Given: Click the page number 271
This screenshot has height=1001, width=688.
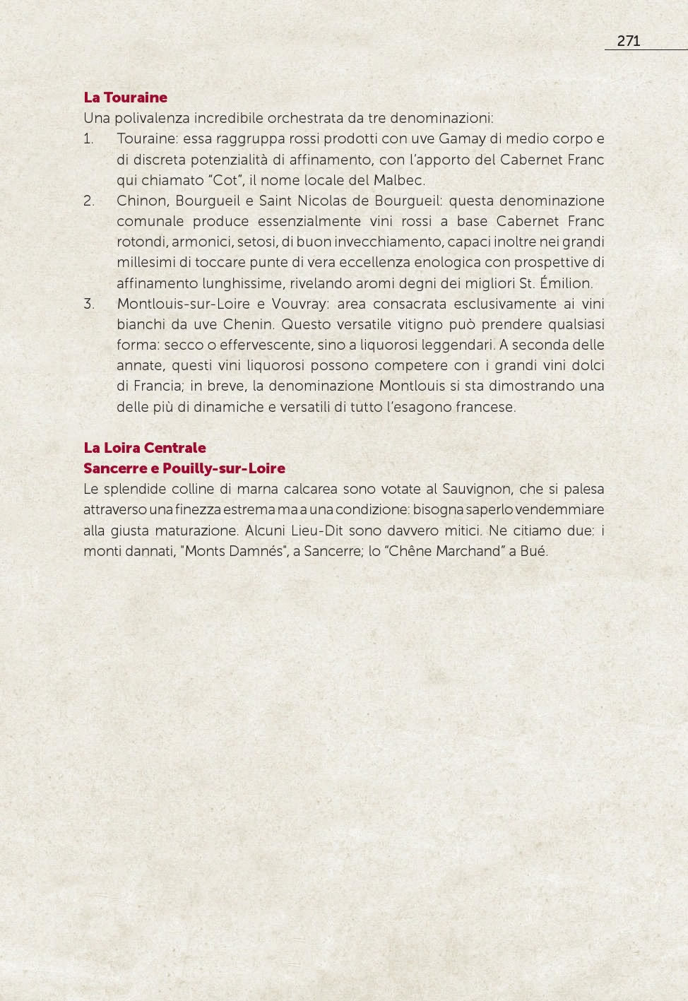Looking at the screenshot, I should click(628, 41).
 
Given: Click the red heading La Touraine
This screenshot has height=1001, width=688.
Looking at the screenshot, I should click(125, 97).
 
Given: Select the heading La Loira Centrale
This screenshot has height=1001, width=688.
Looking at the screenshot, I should click(145, 448).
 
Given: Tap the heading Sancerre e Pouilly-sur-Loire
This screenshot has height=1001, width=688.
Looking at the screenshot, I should click(184, 468).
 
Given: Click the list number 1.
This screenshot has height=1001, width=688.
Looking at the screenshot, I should click(88, 139).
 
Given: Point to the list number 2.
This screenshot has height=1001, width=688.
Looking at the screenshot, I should click(88, 201).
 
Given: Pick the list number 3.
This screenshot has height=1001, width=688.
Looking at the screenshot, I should click(88, 304).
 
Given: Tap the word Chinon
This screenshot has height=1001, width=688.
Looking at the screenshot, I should click(140, 201).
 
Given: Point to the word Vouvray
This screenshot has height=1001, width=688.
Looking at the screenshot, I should click(299, 304).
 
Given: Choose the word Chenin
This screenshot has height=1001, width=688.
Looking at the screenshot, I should click(248, 324).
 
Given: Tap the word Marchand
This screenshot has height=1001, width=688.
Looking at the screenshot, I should click(467, 551).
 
